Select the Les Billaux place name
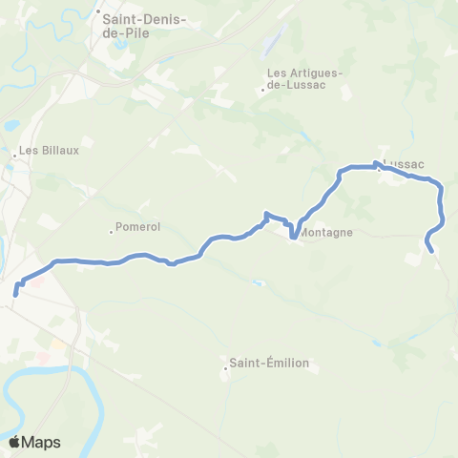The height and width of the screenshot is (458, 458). (x=47, y=151)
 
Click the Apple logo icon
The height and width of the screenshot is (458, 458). (x=15, y=442)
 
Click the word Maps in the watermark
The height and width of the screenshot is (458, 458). (x=41, y=443)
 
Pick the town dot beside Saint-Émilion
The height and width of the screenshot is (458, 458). (x=226, y=364)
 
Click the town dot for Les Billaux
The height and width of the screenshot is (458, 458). (x=15, y=151)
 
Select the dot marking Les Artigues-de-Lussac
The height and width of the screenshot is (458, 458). (x=263, y=91)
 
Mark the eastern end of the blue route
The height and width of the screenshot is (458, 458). (x=432, y=251)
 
